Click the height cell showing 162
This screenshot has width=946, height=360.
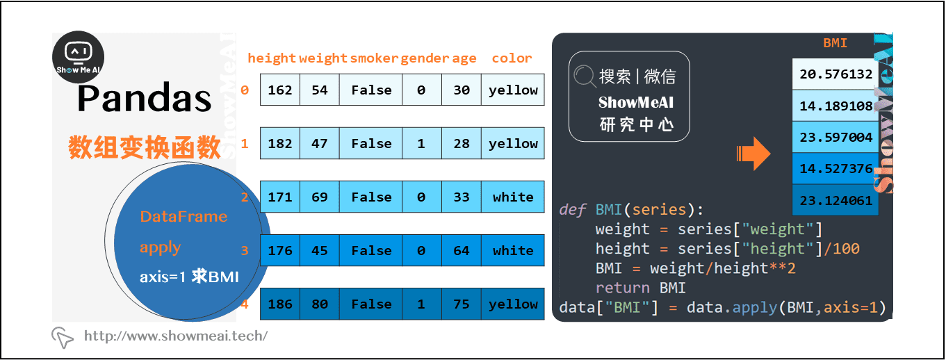[280, 90]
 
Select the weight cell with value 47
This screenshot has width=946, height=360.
[320, 144]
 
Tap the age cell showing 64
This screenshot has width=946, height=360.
[462, 251]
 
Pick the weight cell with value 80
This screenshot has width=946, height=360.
[320, 304]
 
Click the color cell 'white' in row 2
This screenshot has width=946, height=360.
[513, 197]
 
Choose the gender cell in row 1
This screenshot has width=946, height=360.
[422, 144]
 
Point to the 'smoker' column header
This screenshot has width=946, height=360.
[375, 58]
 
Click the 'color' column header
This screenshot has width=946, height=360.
[512, 58]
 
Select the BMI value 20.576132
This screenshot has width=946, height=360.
[835, 74]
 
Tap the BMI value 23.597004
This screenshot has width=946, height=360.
[835, 137]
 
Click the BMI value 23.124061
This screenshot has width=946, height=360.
[835, 200]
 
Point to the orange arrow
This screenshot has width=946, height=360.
[753, 154]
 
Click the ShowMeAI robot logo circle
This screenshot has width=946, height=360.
[79, 58]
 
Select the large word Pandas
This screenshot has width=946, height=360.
[145, 99]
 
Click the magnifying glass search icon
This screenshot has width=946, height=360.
[585, 76]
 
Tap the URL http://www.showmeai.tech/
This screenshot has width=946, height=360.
[175, 336]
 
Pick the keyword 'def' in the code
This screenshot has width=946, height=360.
[573, 210]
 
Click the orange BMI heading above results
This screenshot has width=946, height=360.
[835, 43]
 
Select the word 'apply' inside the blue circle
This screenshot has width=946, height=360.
[160, 247]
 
